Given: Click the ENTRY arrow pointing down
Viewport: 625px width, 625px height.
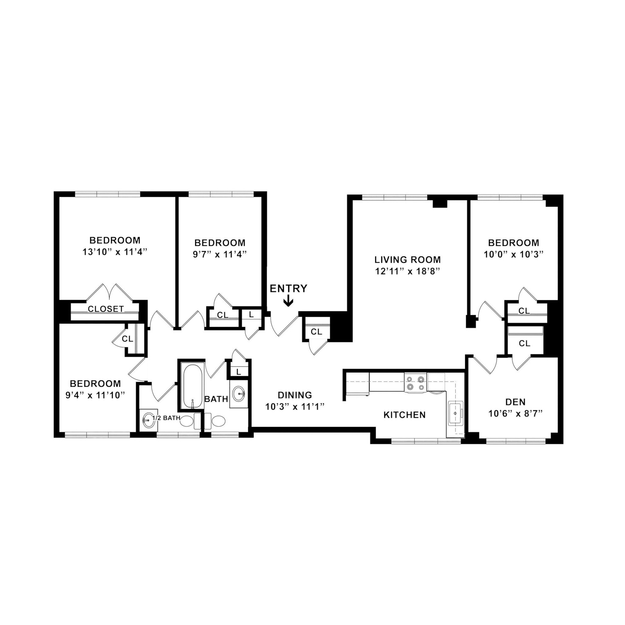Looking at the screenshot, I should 288,302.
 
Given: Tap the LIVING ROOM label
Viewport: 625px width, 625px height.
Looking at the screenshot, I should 407,259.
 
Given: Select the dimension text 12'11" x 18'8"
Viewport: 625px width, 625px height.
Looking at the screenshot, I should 407,271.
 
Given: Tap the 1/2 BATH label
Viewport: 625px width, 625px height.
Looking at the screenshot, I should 166,418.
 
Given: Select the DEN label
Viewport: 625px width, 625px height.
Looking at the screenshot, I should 515,402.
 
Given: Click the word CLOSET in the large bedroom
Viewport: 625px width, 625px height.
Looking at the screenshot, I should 106,309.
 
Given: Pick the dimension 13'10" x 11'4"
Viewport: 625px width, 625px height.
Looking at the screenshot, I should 115,252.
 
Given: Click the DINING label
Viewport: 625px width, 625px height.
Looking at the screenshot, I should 295,395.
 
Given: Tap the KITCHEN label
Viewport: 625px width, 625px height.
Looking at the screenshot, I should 404,415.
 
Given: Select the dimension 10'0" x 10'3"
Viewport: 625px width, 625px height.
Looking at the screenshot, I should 513,254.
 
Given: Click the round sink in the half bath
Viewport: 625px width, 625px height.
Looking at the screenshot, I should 148,420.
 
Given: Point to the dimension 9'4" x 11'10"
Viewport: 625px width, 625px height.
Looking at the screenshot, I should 95,395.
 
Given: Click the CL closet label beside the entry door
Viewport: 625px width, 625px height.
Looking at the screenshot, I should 316,332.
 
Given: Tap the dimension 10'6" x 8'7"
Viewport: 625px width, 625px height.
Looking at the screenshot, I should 515,414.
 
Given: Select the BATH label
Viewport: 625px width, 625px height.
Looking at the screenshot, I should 216,399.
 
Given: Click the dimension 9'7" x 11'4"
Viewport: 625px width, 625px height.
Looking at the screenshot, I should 220,254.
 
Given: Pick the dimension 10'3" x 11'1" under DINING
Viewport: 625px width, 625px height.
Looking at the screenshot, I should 295,406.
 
